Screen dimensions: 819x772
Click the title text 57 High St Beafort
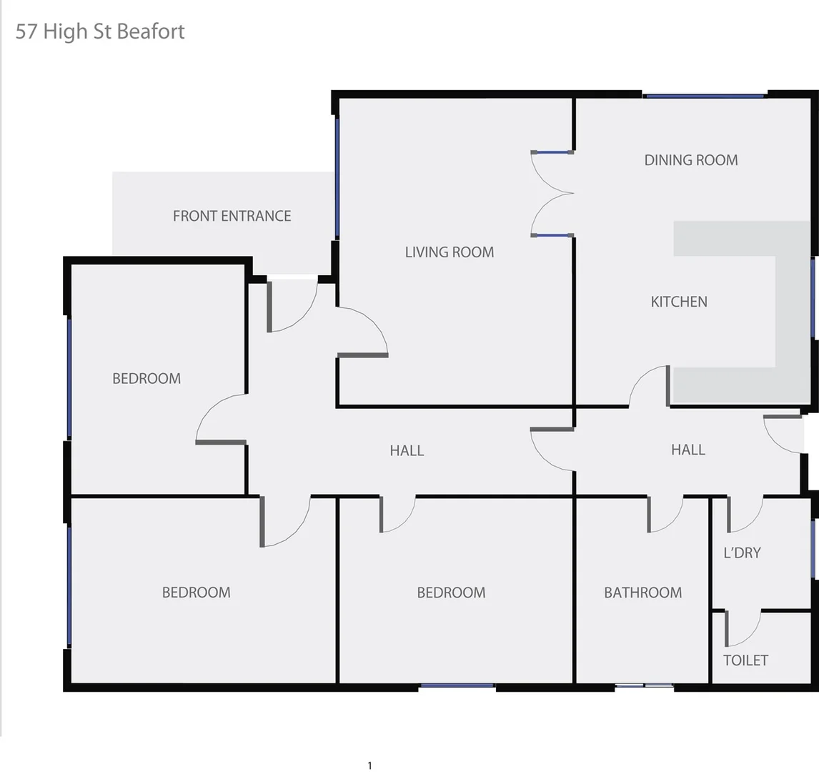[100, 31]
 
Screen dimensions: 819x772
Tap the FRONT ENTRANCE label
[232, 216]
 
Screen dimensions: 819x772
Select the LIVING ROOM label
[449, 252]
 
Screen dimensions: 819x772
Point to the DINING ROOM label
[690, 160]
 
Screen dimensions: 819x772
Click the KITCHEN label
[678, 302]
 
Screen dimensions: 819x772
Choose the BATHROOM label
[642, 593]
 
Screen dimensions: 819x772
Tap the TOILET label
[745, 660]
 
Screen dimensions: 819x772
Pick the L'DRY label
[742, 553]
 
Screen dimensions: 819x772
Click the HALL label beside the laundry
[688, 450]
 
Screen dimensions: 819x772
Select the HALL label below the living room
[407, 450]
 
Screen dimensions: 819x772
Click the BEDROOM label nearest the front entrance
[147, 378]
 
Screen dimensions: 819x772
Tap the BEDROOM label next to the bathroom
[451, 593]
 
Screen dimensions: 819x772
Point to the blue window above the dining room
[704, 95]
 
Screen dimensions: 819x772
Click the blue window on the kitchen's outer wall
[813, 297]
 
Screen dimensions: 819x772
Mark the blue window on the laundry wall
[813, 549]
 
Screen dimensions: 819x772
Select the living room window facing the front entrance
[337, 177]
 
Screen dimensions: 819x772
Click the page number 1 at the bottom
[369, 766]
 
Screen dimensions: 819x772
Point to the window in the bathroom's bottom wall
[644, 686]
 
